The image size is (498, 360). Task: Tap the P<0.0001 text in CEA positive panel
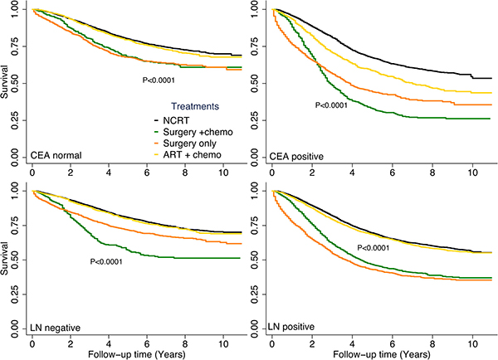tap(337, 105)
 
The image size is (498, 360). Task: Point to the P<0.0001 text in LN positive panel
tap(379, 248)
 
